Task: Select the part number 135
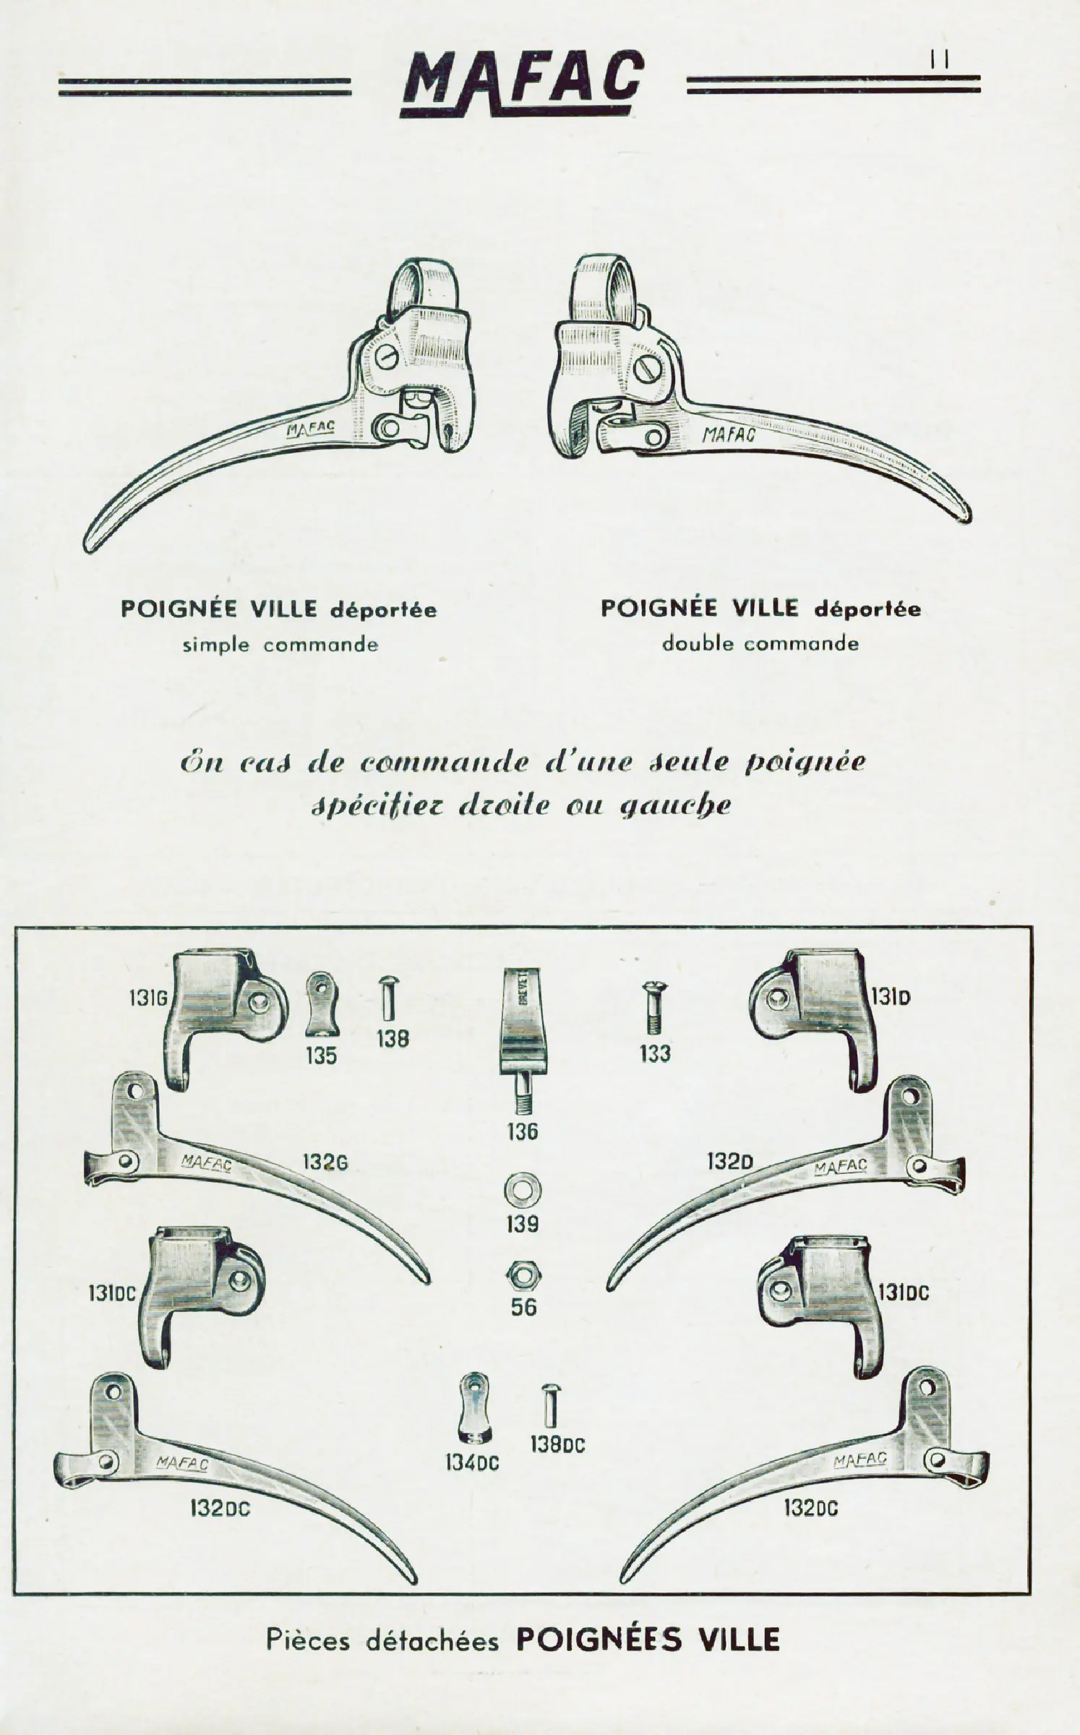coord(321,1056)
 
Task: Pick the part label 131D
coord(891,998)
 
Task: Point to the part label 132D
coord(730,1162)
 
